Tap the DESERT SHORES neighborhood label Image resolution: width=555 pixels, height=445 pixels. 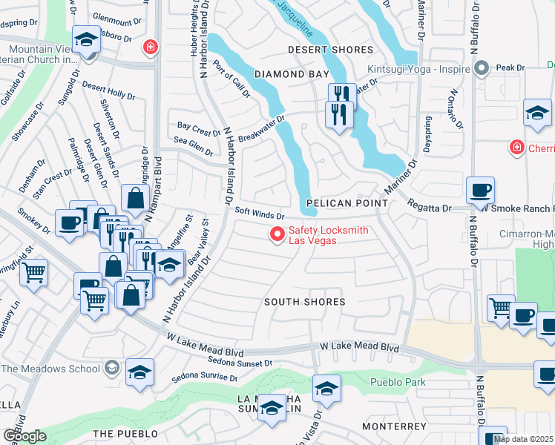(330, 50)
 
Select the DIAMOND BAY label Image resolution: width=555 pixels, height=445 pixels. (291, 74)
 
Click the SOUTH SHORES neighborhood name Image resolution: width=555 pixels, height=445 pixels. (305, 302)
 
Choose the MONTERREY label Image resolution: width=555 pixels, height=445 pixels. (395, 426)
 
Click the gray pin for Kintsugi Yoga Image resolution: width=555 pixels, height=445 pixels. (481, 69)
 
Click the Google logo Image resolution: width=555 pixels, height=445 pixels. (24, 436)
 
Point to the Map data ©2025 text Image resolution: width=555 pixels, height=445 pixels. (524, 439)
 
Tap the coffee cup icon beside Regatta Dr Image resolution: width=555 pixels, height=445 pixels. (480, 190)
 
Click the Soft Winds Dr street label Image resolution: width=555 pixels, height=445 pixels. (260, 212)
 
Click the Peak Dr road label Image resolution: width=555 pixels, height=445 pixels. (510, 67)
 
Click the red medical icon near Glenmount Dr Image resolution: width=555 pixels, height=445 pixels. (151, 47)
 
